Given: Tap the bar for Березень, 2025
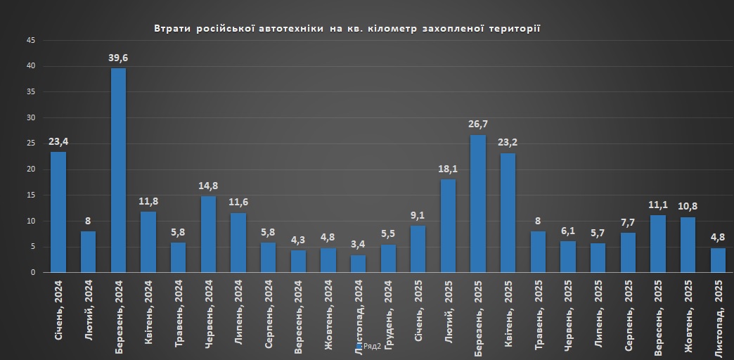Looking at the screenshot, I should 477,203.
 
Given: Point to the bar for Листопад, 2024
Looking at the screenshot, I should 358,264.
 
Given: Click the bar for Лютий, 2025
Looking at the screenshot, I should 448,226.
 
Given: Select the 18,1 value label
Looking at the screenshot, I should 448,169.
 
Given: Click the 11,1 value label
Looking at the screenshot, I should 657,206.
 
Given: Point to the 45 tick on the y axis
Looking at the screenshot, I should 30,41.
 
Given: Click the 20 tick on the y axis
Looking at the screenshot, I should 30,169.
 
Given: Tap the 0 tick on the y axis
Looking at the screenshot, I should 32,272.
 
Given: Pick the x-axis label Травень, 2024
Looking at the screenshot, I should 179,315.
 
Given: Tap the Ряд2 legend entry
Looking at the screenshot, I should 371,346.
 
